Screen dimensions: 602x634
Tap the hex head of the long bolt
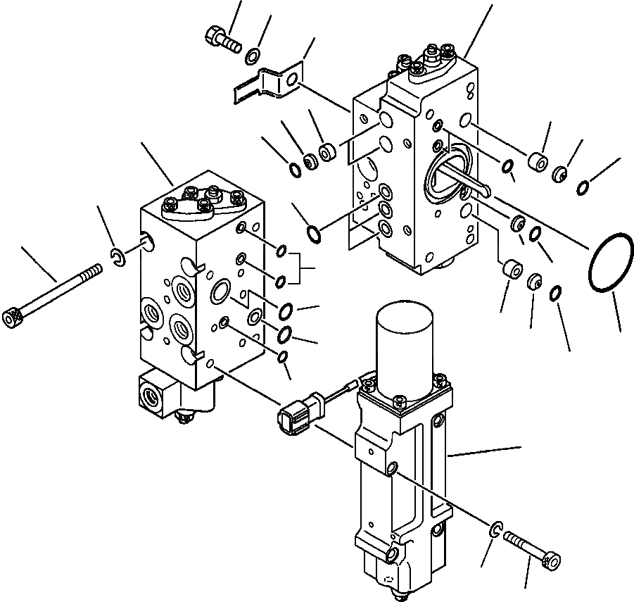click(x=12, y=319)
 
